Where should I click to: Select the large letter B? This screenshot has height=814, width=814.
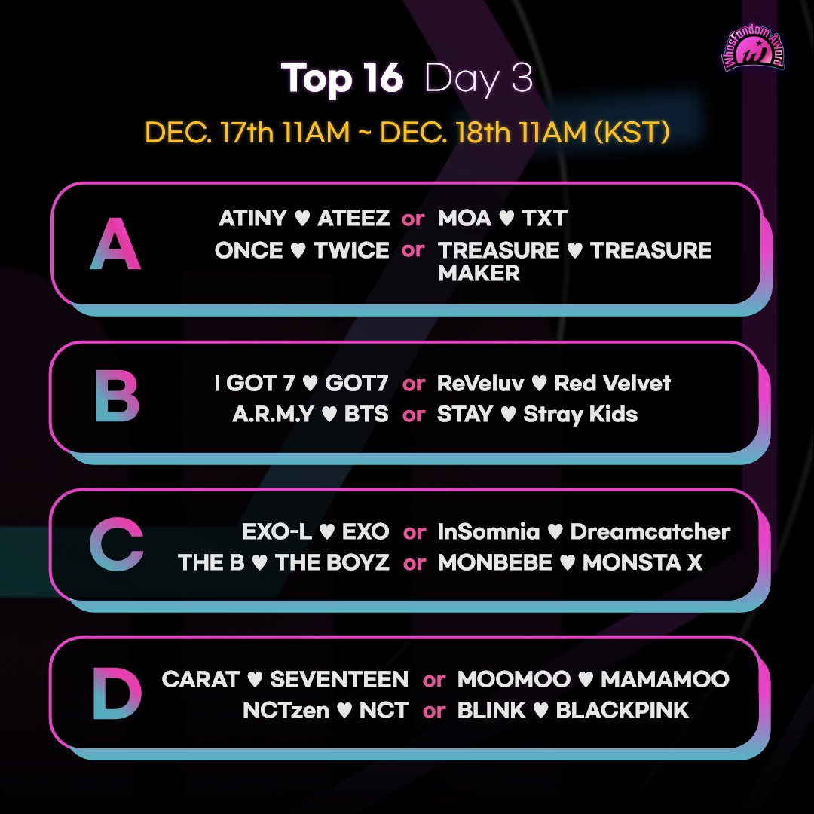click(117, 396)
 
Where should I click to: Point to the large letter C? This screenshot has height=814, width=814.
click(116, 546)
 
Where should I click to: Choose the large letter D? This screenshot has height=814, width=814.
click(117, 693)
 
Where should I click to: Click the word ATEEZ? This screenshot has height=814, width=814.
click(353, 219)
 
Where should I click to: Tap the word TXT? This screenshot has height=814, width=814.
click(543, 219)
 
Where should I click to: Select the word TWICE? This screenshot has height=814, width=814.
click(351, 250)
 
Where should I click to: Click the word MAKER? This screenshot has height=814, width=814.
click(479, 273)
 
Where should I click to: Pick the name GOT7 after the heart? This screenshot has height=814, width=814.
click(357, 383)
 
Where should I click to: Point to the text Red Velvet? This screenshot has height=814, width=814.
click(612, 383)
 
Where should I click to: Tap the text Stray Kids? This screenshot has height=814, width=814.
click(580, 414)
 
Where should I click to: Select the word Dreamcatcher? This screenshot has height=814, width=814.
click(650, 531)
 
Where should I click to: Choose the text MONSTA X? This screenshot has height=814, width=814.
click(642, 563)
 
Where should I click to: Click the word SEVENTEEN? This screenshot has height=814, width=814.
click(339, 679)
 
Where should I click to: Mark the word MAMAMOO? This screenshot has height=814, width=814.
click(665, 679)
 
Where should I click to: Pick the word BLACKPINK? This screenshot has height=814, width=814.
click(622, 710)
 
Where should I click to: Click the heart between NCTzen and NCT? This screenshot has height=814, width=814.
click(344, 711)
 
